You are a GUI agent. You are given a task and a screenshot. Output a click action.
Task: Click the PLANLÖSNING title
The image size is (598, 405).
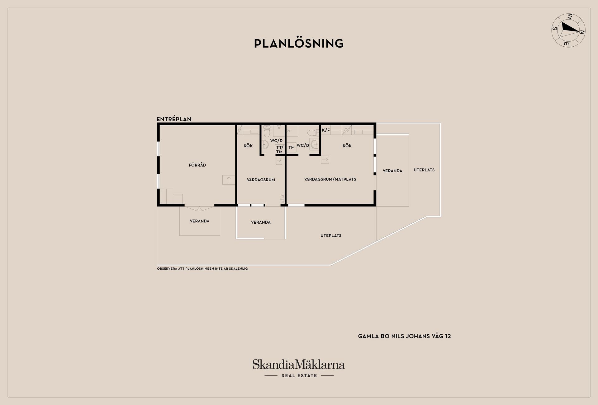(x=299, y=44)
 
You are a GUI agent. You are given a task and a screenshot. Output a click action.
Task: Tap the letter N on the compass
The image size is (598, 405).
(x=582, y=32)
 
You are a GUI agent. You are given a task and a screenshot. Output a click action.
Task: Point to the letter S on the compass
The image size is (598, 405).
(x=555, y=28)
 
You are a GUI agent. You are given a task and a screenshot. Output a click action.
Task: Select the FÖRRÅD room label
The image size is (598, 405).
(x=197, y=165)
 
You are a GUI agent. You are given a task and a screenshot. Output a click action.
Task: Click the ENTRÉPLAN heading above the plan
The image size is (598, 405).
(x=174, y=119)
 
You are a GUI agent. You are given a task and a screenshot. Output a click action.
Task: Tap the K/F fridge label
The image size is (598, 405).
(x=326, y=130)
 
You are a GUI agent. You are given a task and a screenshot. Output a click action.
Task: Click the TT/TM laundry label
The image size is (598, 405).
(x=279, y=150)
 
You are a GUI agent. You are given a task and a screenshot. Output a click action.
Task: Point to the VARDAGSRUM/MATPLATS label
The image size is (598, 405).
(x=330, y=179)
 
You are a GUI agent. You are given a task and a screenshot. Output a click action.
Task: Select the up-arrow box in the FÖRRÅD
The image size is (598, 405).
(x=229, y=180)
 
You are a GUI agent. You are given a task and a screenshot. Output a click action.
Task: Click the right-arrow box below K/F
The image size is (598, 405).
(x=325, y=160)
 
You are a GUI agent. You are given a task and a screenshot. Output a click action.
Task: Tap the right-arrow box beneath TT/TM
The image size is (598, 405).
(x=279, y=160)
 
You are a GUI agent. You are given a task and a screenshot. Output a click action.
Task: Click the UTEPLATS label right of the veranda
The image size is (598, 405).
(x=424, y=170)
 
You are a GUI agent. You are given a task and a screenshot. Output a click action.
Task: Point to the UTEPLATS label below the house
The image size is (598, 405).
(x=331, y=235)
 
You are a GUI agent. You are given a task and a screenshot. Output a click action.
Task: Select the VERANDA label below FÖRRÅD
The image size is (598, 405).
(x=200, y=221)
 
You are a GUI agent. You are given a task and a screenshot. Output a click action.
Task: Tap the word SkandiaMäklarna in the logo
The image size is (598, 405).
(x=299, y=364)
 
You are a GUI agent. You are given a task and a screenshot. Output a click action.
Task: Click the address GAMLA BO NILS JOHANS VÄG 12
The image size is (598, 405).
(x=404, y=336)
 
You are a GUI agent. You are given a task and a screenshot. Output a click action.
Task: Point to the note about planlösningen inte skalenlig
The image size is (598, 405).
(x=202, y=268)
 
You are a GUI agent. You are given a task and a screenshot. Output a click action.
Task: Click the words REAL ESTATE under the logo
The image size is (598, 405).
(x=299, y=375)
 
